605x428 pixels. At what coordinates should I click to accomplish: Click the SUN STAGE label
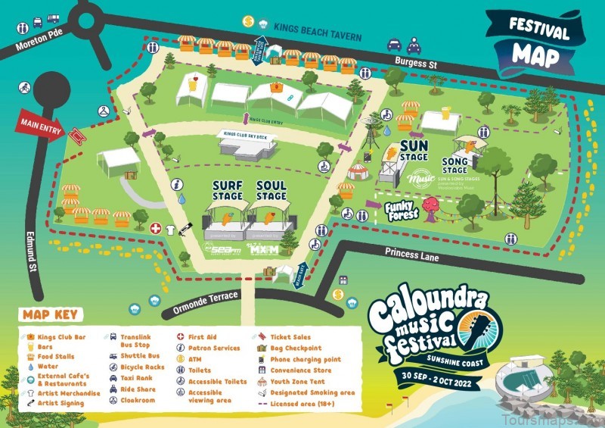[x=414, y=150]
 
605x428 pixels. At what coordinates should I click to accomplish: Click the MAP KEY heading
[x=53, y=314]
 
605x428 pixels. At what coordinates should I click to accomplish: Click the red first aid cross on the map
[x=156, y=227]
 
